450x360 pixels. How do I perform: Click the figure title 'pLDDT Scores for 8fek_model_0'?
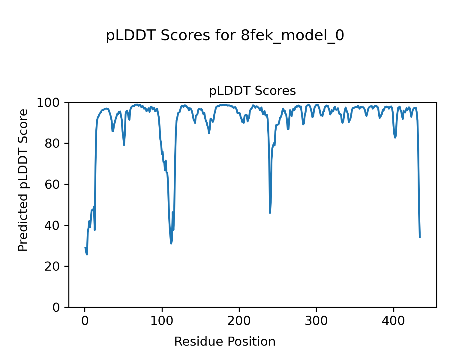coord(225,36)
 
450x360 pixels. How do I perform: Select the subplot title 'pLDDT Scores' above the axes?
coord(252,91)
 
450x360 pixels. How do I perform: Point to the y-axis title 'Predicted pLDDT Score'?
coord(23,180)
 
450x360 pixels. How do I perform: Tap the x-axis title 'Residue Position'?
coord(225,342)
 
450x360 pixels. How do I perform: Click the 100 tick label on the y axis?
coord(50,103)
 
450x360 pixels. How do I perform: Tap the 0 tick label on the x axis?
coord(85,321)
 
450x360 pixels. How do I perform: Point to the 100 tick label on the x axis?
coord(162,321)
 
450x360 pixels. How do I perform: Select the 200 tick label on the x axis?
coord(239,321)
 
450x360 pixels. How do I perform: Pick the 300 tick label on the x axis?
coord(316,321)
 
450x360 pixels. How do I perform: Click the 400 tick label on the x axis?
coord(393,321)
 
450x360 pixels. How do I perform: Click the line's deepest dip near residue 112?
coord(171,243)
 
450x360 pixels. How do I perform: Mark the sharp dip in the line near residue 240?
coord(270,213)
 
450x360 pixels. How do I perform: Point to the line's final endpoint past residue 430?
coord(420,237)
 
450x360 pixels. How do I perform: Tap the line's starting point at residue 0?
coord(85,247)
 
